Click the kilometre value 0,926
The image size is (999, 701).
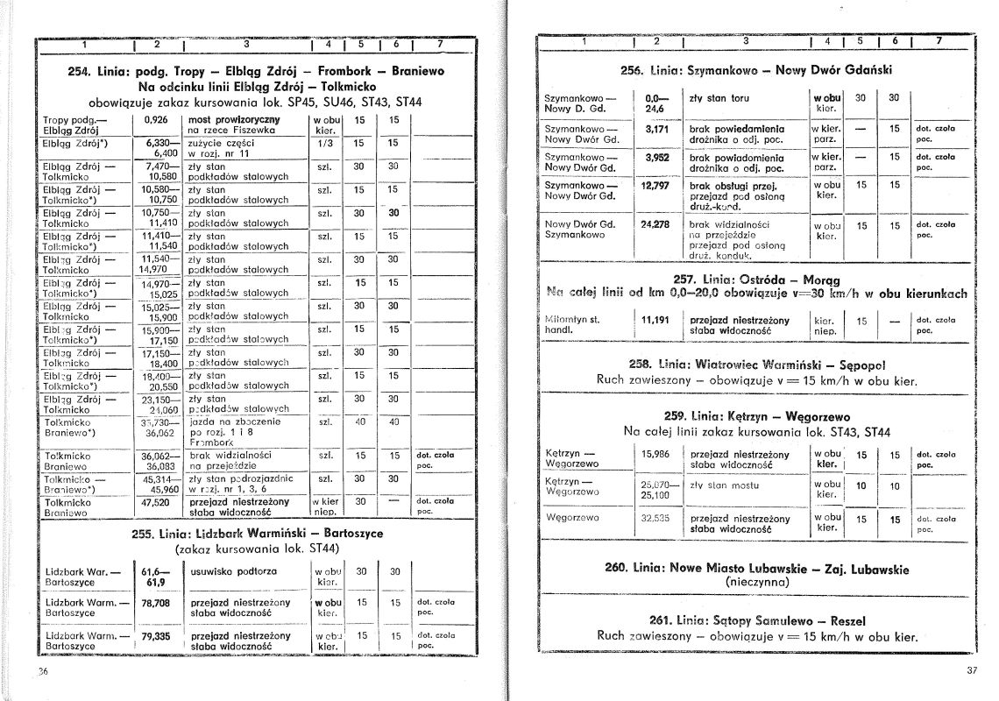(x=155, y=118)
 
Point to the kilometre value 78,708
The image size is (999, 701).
(x=155, y=603)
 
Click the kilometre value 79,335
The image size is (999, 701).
(x=155, y=635)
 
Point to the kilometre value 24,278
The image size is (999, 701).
(x=655, y=224)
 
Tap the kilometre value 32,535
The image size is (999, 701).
(x=655, y=518)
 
